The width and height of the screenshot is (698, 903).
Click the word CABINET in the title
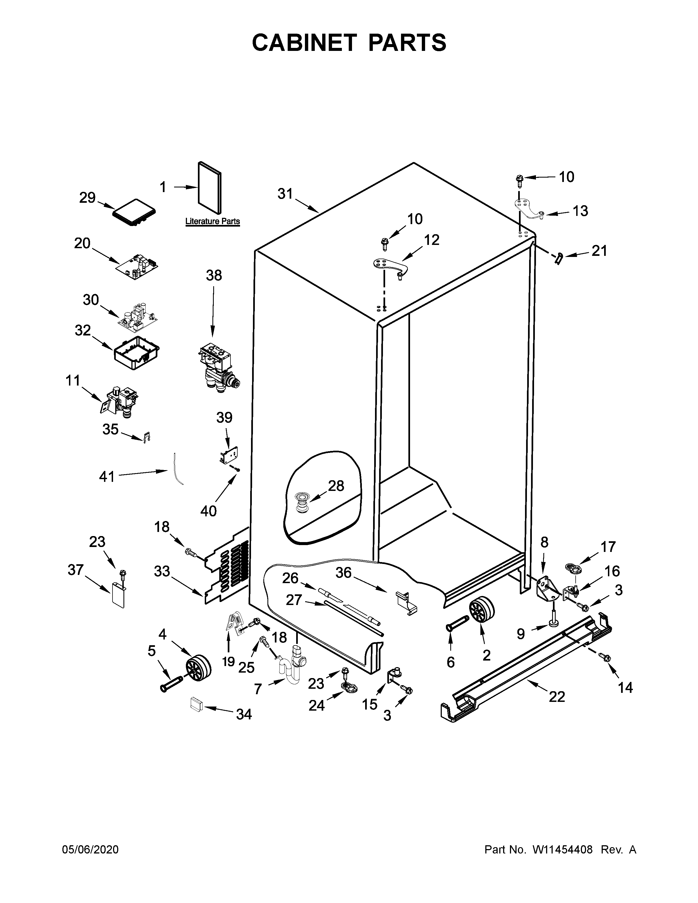coord(304,43)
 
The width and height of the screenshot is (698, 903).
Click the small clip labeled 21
coord(559,259)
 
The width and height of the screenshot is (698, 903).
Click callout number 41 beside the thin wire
coord(107,477)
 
